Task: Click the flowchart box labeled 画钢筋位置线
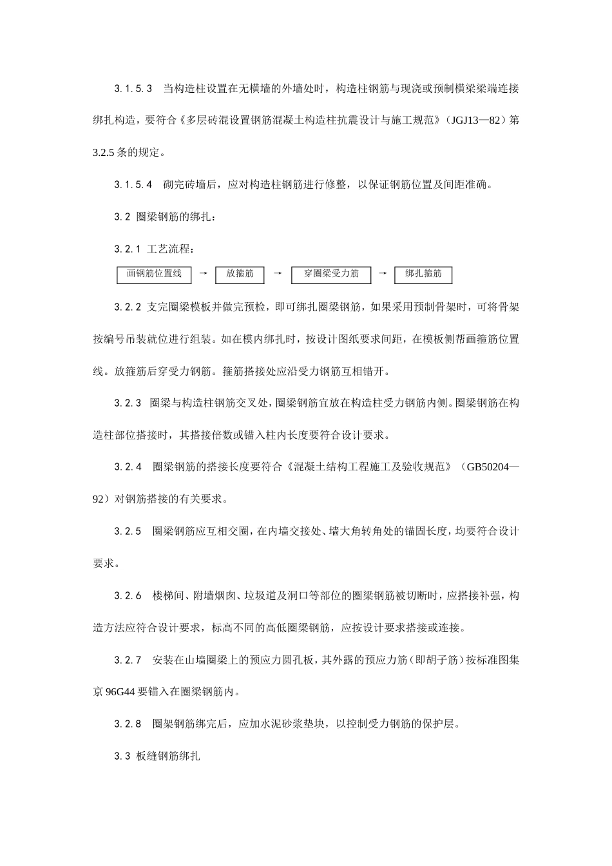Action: (x=154, y=275)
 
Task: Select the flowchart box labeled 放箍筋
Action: (x=240, y=275)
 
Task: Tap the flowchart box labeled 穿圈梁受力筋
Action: (x=331, y=275)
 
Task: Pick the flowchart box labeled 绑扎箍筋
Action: (x=423, y=275)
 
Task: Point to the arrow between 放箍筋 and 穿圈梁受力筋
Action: (x=278, y=274)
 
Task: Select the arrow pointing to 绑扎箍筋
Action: (x=383, y=274)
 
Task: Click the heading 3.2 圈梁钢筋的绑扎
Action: (x=165, y=217)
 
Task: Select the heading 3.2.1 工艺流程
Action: (x=154, y=249)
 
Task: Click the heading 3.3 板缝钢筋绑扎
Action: (x=157, y=756)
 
